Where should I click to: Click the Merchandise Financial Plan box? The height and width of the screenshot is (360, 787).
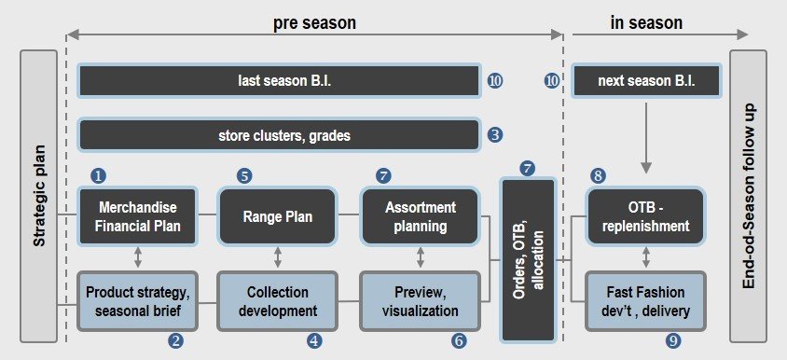(137, 215)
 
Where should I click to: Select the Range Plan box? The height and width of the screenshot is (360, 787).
(278, 215)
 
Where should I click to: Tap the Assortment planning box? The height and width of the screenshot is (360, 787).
(421, 215)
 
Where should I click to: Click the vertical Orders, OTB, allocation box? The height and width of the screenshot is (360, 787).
(528, 259)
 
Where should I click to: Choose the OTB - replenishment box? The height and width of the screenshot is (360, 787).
(645, 215)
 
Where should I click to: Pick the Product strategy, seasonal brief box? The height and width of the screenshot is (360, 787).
(137, 300)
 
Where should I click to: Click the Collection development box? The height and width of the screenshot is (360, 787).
(278, 300)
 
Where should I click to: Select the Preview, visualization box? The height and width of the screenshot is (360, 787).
(421, 300)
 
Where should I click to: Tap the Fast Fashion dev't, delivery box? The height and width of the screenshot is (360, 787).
(645, 300)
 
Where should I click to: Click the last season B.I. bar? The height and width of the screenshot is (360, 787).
(280, 80)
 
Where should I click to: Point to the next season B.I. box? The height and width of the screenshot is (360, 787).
(646, 80)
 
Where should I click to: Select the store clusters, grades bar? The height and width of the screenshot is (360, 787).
(280, 135)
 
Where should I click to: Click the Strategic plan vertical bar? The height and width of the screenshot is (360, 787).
(38, 196)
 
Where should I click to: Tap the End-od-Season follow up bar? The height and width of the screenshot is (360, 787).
(748, 196)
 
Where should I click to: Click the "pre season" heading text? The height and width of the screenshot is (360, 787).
(314, 22)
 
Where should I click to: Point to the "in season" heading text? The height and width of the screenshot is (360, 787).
(646, 22)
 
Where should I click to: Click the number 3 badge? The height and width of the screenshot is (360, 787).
(495, 135)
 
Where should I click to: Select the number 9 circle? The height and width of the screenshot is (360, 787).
(673, 341)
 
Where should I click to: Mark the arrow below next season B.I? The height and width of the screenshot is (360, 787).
(646, 138)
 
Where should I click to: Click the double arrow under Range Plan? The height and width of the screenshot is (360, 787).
(278, 257)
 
